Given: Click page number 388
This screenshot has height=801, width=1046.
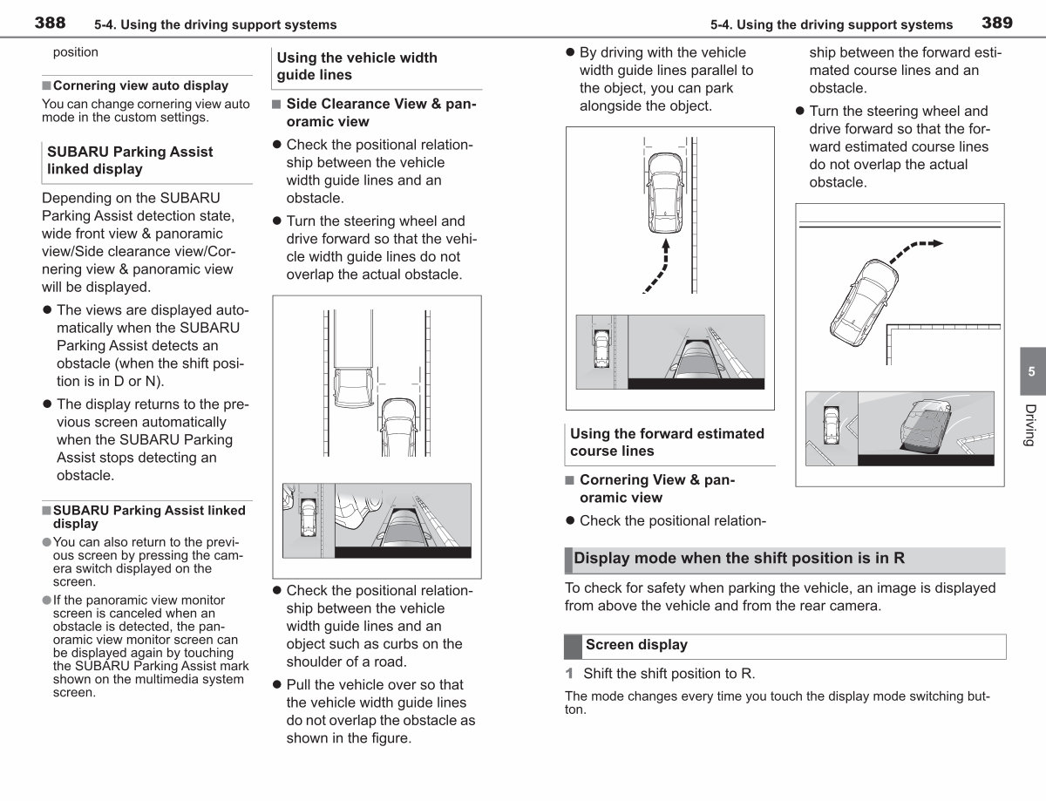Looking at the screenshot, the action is click(50, 23).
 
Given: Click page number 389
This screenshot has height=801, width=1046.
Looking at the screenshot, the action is click(997, 23).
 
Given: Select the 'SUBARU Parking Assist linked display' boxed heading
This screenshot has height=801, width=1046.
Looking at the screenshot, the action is click(130, 160).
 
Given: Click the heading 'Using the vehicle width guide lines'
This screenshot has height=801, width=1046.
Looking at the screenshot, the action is click(357, 66).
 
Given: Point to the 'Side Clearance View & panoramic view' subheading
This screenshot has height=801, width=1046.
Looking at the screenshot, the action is click(381, 112).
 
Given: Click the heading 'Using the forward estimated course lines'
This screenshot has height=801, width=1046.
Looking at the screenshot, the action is click(667, 442).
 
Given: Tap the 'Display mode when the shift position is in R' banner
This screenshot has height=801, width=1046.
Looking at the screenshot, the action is click(739, 558).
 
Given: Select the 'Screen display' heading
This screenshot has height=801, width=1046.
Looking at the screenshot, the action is click(636, 645).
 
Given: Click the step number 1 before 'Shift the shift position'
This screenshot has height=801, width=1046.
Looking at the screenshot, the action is click(569, 674).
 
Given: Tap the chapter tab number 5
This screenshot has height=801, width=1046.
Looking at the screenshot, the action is click(1031, 371).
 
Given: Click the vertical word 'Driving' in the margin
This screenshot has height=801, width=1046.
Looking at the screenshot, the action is click(1030, 425).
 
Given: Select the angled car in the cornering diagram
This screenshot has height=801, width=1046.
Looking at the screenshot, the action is click(864, 303).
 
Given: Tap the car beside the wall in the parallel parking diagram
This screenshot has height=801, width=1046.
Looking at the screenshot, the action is click(665, 193).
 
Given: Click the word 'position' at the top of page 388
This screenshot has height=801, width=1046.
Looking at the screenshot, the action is click(76, 52).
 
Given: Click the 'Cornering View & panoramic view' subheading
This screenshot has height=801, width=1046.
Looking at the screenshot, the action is click(657, 489).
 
